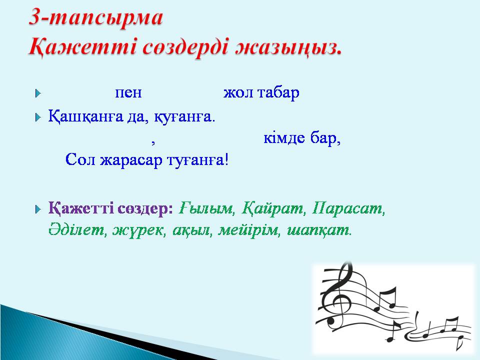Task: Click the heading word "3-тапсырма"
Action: click(x=95, y=18)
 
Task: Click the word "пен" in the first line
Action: click(x=128, y=92)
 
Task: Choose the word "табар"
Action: click(x=278, y=92)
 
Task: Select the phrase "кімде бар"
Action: click(x=301, y=138)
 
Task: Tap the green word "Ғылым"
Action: click(x=206, y=208)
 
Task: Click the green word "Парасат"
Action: click(x=347, y=208)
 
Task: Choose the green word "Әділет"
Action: click(x=75, y=230)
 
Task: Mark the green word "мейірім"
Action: click(x=248, y=230)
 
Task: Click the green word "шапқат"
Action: click(x=318, y=230)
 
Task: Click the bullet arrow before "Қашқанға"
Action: click(x=38, y=117)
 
